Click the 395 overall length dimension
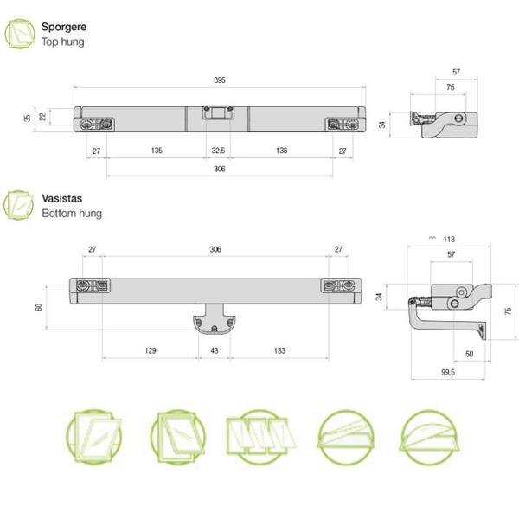(x=220, y=80)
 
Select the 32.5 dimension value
(x=218, y=151)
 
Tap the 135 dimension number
(x=157, y=151)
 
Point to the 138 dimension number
(x=281, y=151)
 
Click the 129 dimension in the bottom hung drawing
(x=151, y=350)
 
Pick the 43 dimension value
(x=215, y=350)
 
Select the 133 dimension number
(x=279, y=350)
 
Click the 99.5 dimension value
(x=448, y=372)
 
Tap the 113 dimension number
(x=449, y=240)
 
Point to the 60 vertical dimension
(x=38, y=307)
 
